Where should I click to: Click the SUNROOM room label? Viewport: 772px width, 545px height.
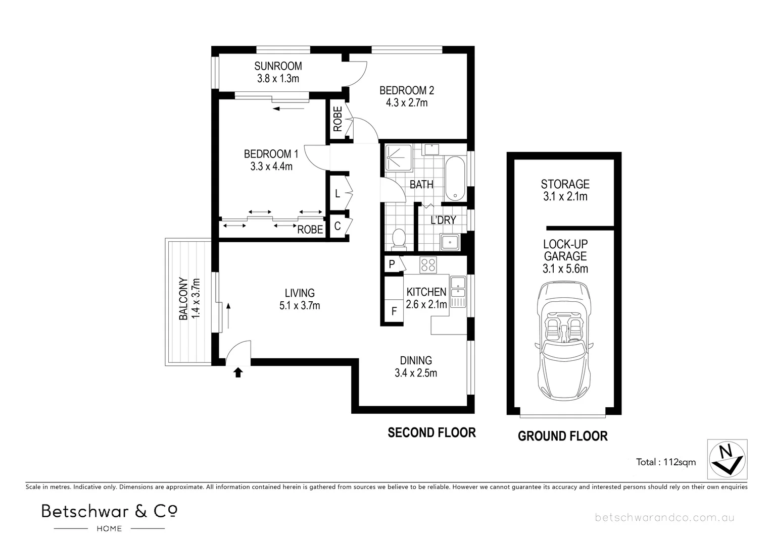[x=278, y=66]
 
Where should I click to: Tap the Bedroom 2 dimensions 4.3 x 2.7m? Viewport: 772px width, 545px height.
[x=407, y=103]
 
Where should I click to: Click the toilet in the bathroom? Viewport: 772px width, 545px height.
[x=399, y=238]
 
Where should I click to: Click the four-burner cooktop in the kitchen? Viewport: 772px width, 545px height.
[x=428, y=265]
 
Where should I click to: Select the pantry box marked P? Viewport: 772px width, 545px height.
[x=392, y=264]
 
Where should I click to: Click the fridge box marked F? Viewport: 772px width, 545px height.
[x=394, y=311]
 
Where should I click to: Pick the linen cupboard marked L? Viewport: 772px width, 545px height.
[x=337, y=193]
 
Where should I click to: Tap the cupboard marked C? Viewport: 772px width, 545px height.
[x=337, y=227]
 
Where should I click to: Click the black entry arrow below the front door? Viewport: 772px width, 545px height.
[x=238, y=372]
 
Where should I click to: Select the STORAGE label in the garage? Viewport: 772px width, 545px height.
[x=565, y=184]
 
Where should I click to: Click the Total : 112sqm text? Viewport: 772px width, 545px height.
[x=665, y=462]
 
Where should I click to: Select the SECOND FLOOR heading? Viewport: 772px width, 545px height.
[x=431, y=432]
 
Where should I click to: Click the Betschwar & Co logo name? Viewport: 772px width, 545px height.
[x=109, y=511]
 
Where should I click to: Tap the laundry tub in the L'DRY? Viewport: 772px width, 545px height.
[x=449, y=242]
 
